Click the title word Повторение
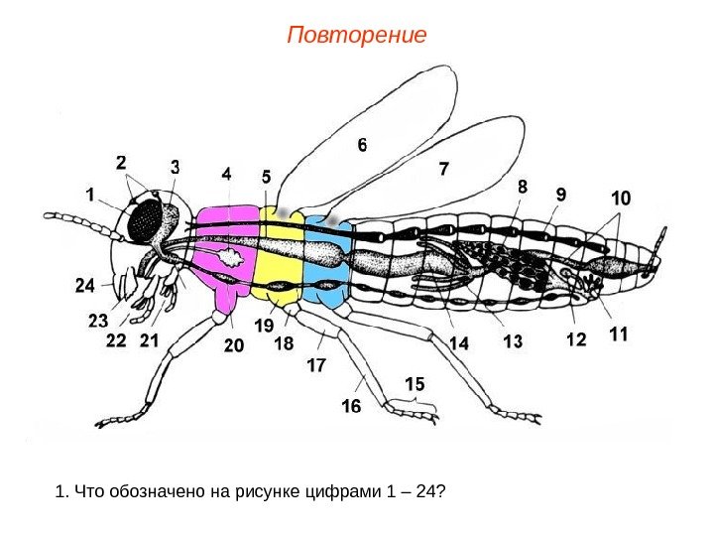tap(356, 37)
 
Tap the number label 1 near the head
tap(91, 197)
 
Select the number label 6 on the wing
tap(363, 145)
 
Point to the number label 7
tap(443, 170)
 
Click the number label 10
tap(620, 199)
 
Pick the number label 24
tap(86, 286)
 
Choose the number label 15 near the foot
tap(415, 383)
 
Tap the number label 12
tap(576, 340)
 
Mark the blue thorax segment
tap(327, 260)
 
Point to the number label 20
tap(233, 345)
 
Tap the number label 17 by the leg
tap(316, 365)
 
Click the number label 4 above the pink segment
tap(227, 173)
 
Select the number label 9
tap(561, 196)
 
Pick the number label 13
tap(513, 342)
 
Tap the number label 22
tap(116, 341)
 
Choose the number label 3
tap(176, 166)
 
